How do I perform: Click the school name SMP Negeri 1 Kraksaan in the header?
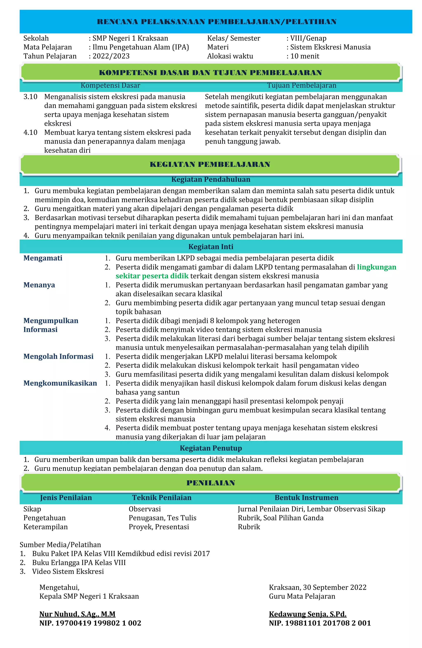(130, 38)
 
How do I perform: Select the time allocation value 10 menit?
(305, 56)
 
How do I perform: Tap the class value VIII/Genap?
(308, 38)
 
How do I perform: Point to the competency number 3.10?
(30, 97)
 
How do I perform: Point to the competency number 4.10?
(30, 132)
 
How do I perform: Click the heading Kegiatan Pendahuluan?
(211, 179)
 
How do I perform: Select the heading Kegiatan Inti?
(211, 247)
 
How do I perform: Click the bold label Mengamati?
(43, 258)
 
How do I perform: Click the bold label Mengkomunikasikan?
(60, 383)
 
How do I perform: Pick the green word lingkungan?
(376, 267)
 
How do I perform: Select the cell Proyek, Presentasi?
(159, 527)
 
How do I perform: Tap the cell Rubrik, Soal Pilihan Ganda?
(280, 518)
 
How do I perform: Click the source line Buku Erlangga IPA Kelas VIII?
(79, 562)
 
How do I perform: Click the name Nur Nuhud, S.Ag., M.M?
(77, 614)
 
